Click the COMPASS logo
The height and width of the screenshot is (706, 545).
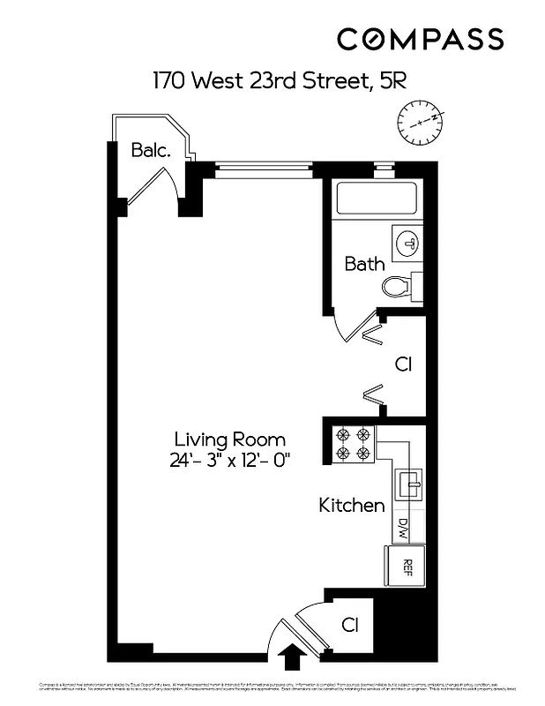tap(421, 39)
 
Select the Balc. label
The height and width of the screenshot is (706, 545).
tap(150, 150)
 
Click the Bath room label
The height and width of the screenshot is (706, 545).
tap(364, 263)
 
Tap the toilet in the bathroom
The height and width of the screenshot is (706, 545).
tap(399, 285)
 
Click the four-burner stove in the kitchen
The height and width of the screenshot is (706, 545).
tap(354, 444)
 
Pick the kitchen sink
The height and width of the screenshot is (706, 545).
tap(410, 483)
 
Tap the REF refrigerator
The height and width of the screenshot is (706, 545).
tap(407, 565)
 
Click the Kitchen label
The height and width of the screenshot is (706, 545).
tap(351, 506)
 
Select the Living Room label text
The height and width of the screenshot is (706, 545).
tap(229, 439)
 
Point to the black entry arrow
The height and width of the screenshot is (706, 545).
tap(290, 657)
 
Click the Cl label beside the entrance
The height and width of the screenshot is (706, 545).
tap(350, 625)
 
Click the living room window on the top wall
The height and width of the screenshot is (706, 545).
tap(263, 169)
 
